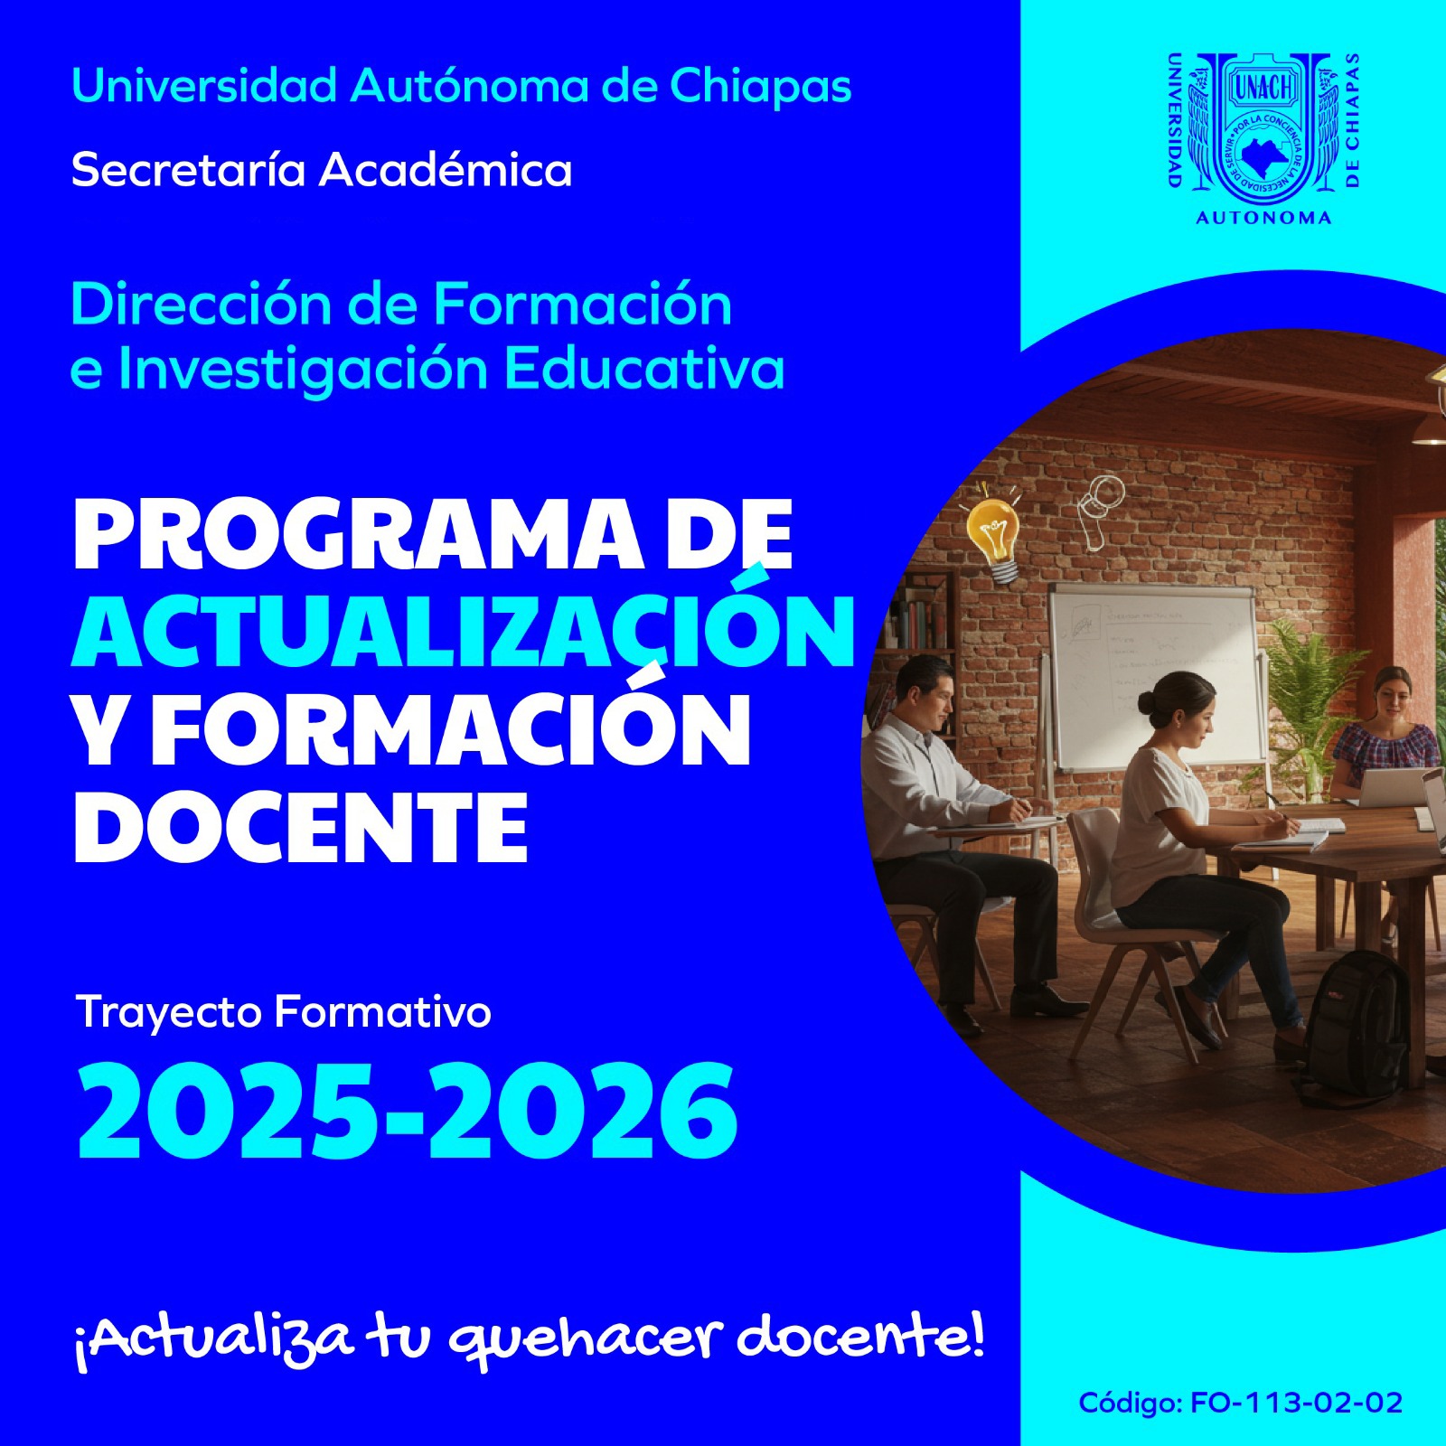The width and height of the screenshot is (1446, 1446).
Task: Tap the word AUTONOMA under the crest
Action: [1263, 218]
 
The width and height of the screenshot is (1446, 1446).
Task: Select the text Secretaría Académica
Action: [322, 170]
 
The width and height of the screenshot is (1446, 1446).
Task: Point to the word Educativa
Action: [644, 369]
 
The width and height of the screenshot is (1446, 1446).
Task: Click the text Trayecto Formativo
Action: [284, 1012]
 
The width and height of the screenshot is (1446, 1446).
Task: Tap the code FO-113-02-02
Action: [1296, 1403]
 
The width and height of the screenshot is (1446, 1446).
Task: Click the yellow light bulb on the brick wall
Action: [994, 539]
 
